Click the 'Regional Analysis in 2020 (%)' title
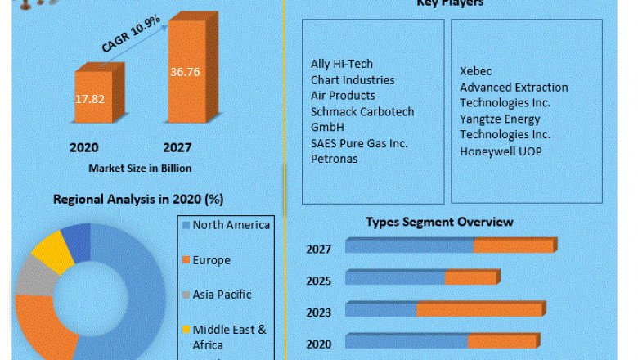(138, 199)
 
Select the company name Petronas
(335, 158)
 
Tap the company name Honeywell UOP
(501, 151)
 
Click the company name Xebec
(476, 71)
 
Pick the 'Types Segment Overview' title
(439, 222)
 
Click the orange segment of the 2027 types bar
(513, 246)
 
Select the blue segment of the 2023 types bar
(381, 310)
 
